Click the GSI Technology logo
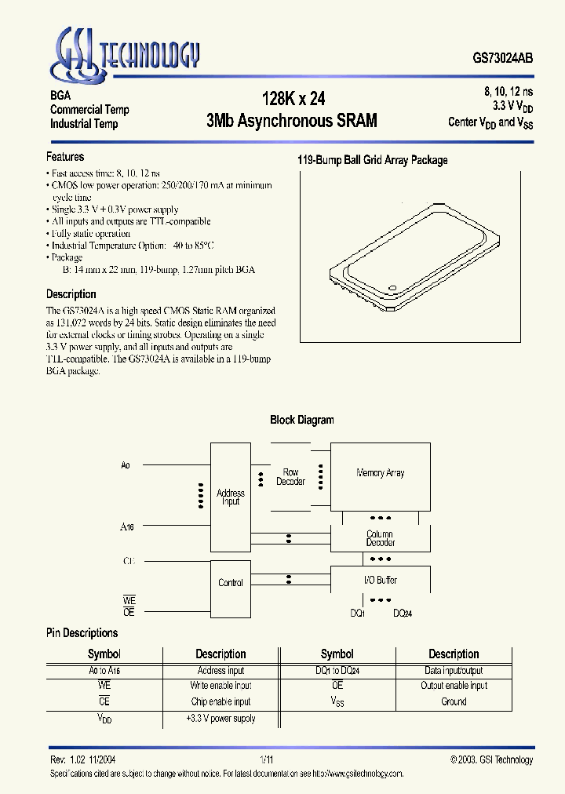coord(126,54)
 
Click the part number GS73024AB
coord(503,58)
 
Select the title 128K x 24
coord(293,99)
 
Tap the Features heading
coord(65,157)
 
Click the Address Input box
coord(231,497)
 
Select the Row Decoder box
coord(291,477)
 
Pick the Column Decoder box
coord(381,538)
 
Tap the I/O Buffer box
coord(381,581)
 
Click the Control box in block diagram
coord(231,583)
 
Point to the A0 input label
coord(126,466)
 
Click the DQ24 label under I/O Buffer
coord(403,613)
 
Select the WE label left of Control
coord(129,600)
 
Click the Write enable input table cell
coord(221,686)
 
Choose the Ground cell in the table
coord(454,701)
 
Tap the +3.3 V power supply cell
coord(221,718)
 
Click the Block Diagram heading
coord(302,420)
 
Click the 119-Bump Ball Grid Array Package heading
coord(372,160)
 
